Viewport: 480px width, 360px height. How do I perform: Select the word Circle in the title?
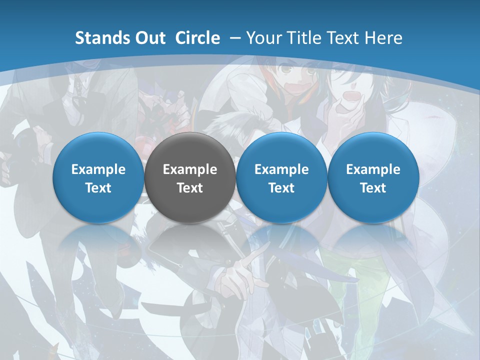tap(197, 38)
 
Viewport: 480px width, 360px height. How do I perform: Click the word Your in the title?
tap(264, 38)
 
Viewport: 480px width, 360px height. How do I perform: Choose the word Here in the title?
tap(384, 38)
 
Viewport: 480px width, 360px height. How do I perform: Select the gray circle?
tap(190, 177)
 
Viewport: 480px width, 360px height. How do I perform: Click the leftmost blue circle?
tap(98, 177)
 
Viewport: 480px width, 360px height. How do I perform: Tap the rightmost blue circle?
tap(373, 177)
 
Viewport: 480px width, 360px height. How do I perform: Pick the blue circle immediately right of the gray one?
tap(281, 177)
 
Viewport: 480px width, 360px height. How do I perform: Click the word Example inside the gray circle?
tap(190, 169)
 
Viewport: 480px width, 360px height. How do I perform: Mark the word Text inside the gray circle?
tap(190, 188)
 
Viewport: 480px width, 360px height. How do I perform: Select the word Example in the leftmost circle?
tap(98, 169)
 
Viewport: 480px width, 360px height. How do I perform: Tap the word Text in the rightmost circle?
tap(373, 188)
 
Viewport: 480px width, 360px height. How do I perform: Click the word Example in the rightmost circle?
tap(373, 169)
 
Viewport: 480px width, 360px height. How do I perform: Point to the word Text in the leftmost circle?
tap(98, 188)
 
